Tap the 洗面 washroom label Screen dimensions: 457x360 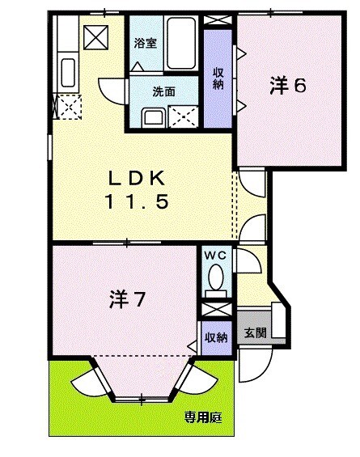tap(163, 91)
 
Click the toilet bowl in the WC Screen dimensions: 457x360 tap(215, 279)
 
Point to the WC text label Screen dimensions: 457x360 tap(215, 256)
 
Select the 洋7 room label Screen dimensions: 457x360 tap(127, 300)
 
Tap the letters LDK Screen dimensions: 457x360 tap(138, 177)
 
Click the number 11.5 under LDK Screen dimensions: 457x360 tap(138, 202)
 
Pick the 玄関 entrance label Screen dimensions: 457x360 tap(256, 332)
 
